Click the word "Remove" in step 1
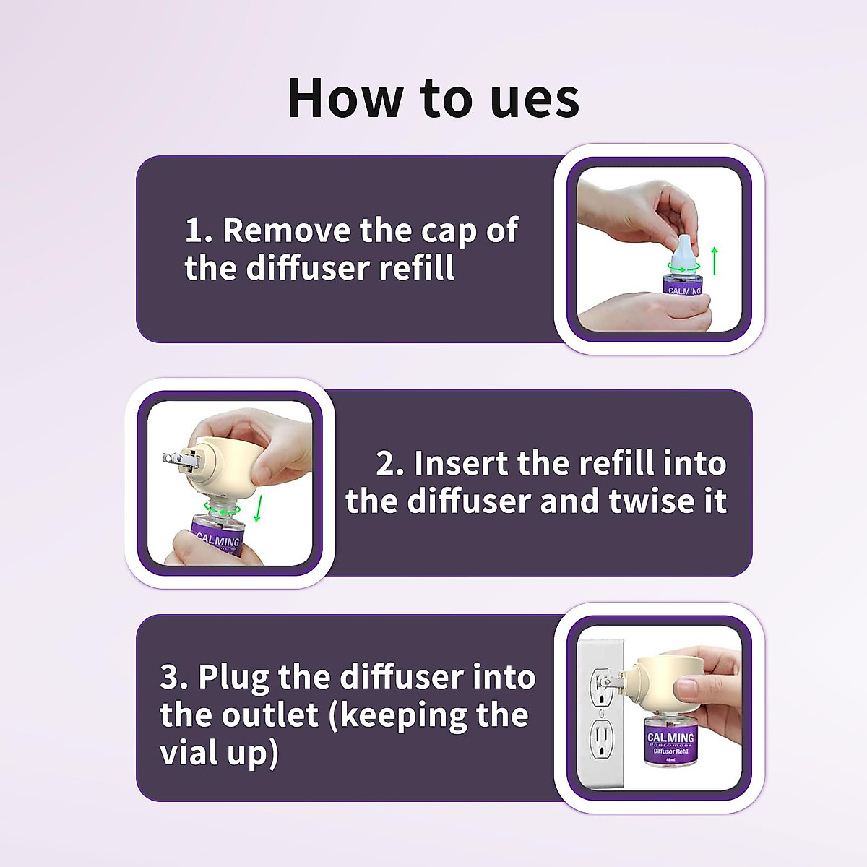(288, 230)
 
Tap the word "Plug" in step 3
(233, 678)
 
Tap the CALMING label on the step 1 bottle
(684, 290)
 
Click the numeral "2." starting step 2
(390, 463)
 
